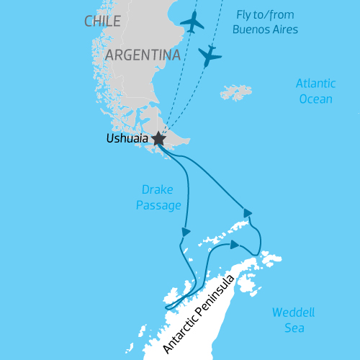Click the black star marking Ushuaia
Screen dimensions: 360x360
158,140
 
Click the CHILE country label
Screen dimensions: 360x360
102,22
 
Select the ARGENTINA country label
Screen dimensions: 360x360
142,55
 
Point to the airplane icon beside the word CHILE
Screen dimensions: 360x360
192,22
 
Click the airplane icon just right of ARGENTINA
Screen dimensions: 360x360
210,55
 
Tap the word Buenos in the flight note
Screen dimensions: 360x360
250,30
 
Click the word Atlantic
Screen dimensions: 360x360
315,84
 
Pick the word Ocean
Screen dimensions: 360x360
315,99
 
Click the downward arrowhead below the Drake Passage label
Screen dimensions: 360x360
186,232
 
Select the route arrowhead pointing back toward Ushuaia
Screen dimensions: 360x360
248,212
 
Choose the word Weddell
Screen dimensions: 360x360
293,313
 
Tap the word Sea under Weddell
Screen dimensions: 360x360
293,328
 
